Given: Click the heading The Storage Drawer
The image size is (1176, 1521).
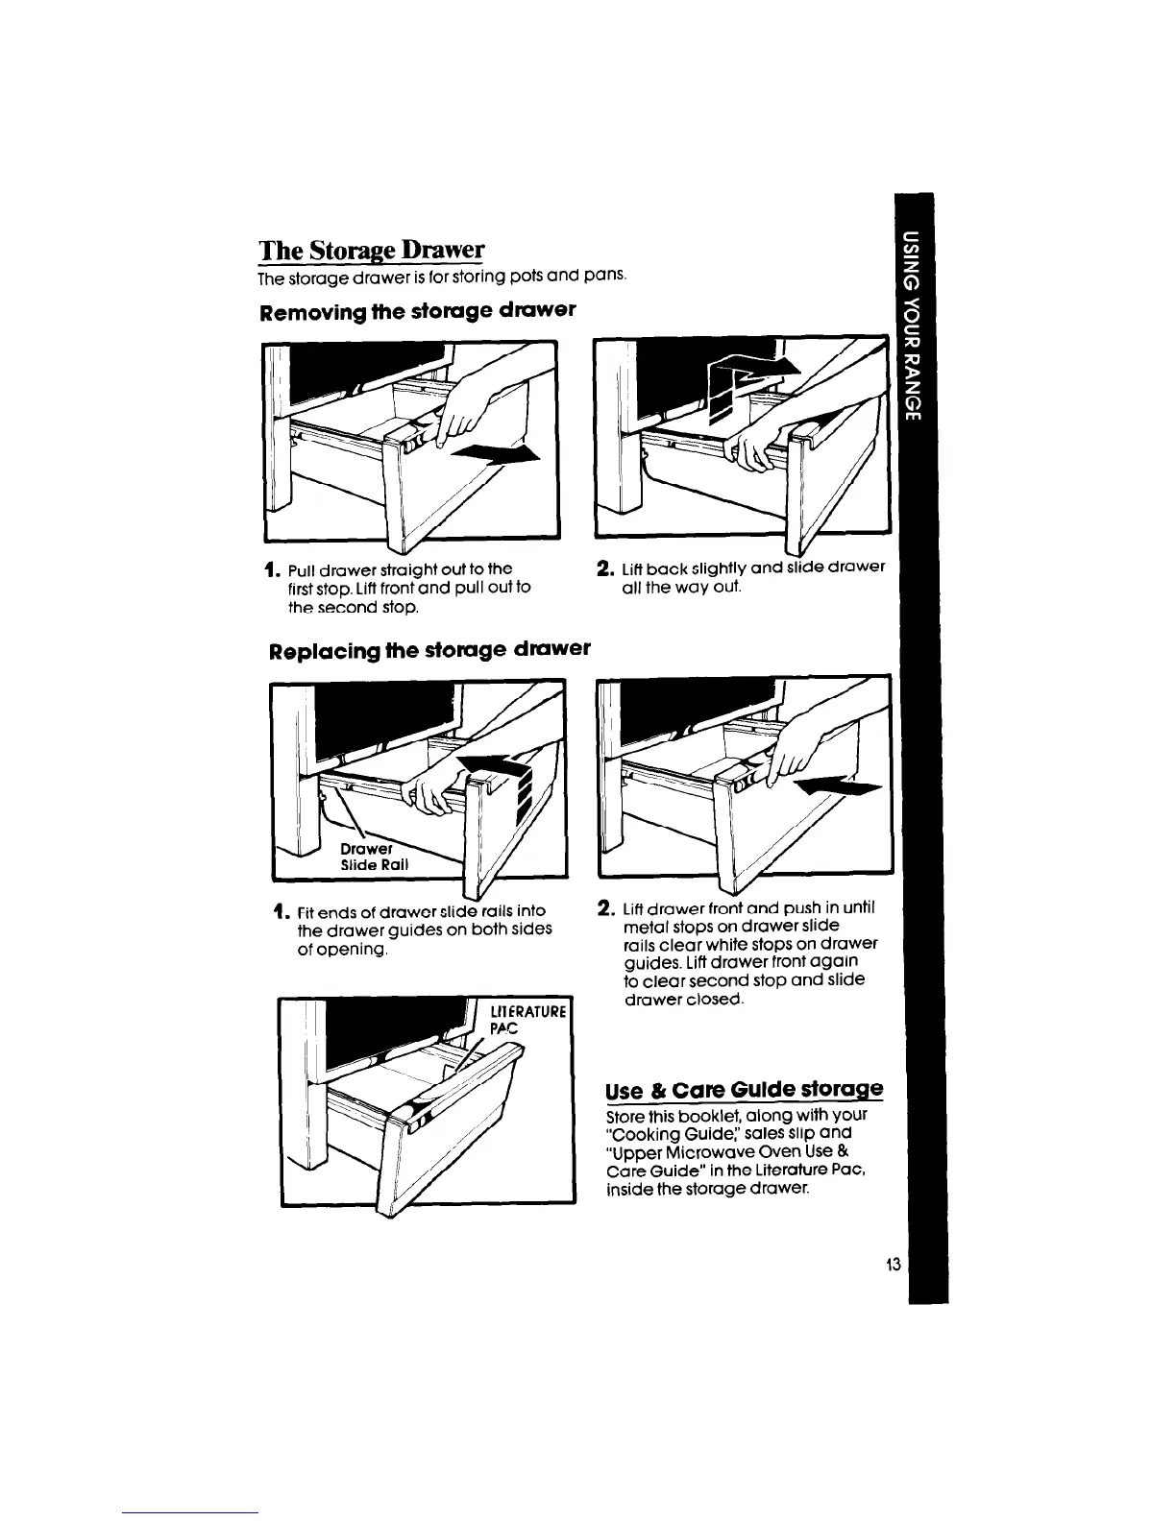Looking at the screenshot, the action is click(371, 251).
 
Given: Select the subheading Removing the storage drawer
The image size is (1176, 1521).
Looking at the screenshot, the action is click(417, 310).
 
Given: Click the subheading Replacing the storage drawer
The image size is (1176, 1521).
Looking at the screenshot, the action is click(429, 648).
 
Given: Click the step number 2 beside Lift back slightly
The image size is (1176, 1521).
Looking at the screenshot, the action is click(604, 567).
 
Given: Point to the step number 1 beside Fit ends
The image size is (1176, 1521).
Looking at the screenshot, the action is click(277, 910).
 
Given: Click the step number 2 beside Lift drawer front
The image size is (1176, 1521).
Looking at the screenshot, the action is click(605, 908).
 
